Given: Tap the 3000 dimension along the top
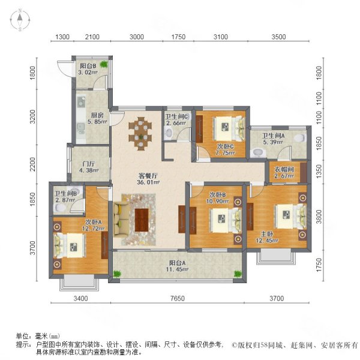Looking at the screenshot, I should (137, 37).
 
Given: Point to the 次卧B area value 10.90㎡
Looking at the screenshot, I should (217, 202).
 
